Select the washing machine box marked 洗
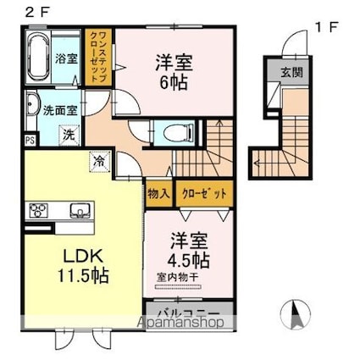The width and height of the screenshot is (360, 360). [x=66, y=134]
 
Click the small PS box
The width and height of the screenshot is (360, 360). [x=30, y=140]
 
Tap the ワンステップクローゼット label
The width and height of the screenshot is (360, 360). [x=99, y=56]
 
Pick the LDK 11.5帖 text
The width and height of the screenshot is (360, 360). [x=72, y=264]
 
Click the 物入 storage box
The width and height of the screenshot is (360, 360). [x=159, y=193]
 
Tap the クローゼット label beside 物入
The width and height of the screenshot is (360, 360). [x=203, y=193]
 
